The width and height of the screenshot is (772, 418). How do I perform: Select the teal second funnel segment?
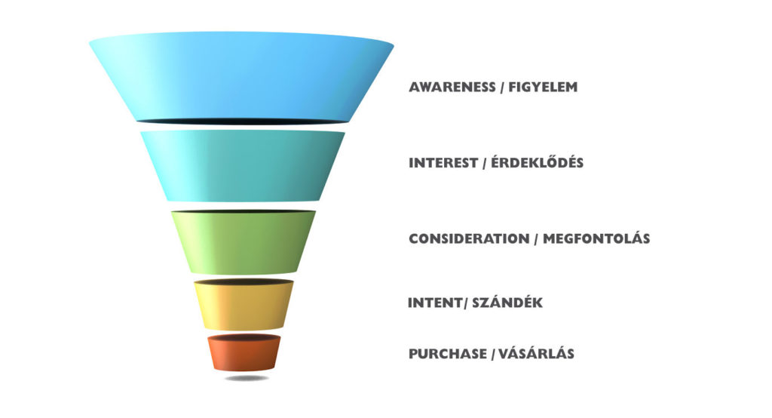click(x=243, y=166)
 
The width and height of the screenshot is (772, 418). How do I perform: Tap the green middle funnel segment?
click(x=244, y=242)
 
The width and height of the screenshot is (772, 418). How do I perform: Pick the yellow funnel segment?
click(x=244, y=305)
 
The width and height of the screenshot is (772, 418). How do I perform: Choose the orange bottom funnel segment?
click(x=244, y=352)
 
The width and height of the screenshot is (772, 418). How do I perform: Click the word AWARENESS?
click(x=452, y=88)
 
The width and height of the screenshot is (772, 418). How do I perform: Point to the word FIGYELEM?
click(x=543, y=88)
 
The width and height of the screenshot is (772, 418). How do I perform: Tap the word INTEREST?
click(x=443, y=163)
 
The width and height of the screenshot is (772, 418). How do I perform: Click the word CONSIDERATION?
click(x=469, y=238)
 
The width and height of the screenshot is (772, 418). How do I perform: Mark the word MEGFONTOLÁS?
click(x=596, y=238)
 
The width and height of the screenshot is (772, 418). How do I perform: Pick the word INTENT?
click(x=436, y=303)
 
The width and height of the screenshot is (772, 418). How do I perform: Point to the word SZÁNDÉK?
click(x=507, y=302)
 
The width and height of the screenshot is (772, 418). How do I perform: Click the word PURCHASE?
click(x=448, y=354)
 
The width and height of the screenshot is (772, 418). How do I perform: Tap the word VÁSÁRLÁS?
click(x=536, y=353)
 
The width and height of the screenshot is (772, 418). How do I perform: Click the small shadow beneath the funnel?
click(x=247, y=378)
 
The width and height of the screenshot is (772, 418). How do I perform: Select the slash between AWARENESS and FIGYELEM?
click(x=501, y=88)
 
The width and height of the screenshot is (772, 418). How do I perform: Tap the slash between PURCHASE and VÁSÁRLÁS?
click(x=492, y=355)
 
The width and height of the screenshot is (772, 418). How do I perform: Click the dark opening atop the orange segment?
click(x=244, y=338)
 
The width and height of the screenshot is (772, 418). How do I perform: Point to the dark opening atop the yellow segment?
click(x=244, y=282)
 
